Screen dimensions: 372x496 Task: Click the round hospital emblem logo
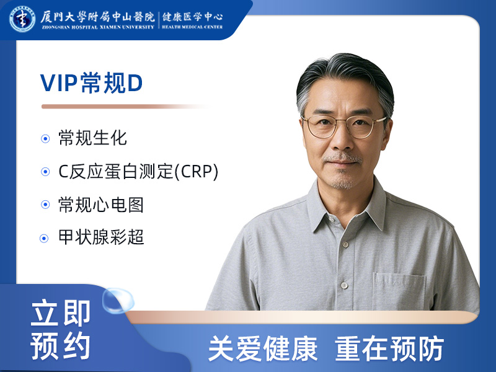(x=22, y=18)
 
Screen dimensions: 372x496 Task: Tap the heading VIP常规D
(x=92, y=83)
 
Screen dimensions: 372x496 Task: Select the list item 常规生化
(x=92, y=138)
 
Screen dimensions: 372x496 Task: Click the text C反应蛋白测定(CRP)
(x=138, y=171)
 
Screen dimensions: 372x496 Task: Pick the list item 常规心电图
(x=101, y=204)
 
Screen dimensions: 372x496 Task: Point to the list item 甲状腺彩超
(x=101, y=237)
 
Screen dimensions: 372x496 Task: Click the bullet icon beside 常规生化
(x=45, y=138)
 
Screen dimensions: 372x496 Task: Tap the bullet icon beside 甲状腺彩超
(x=45, y=238)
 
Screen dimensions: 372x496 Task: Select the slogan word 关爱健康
(x=262, y=349)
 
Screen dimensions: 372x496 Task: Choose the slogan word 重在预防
(x=389, y=349)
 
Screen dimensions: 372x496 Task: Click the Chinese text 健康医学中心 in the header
(x=193, y=16)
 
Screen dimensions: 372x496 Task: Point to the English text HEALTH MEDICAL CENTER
(x=193, y=27)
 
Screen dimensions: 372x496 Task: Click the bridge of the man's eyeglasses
(x=343, y=122)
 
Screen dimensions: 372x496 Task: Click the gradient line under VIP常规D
(x=124, y=107)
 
